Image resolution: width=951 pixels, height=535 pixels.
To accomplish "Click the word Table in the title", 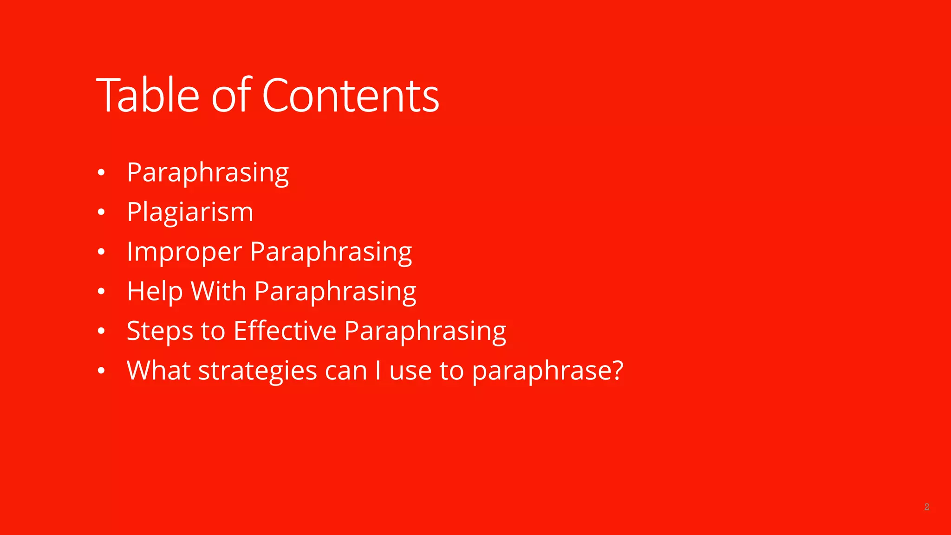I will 148,96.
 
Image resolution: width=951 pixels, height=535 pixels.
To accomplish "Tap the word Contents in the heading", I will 351,96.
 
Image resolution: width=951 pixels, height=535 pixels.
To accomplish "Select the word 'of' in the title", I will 231,96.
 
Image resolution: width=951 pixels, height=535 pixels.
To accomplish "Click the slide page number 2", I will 926,507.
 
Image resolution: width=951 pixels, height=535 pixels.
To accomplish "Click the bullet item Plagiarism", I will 190,212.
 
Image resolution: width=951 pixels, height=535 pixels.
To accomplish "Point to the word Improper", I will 184,252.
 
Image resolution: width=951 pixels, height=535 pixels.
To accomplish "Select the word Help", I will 155,292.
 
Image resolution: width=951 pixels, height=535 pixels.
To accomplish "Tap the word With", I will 218,292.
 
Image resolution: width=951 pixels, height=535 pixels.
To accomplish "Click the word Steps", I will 160,332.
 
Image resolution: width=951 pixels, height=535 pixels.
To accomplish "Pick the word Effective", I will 285,331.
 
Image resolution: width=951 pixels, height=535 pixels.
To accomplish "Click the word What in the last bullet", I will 158,371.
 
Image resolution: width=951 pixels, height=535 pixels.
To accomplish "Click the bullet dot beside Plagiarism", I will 101,213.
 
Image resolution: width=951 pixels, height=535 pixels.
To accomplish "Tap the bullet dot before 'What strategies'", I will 101,371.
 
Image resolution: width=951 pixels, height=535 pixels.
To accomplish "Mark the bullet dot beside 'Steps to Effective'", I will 101,332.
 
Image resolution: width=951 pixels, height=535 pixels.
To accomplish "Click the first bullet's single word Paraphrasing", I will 208,173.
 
